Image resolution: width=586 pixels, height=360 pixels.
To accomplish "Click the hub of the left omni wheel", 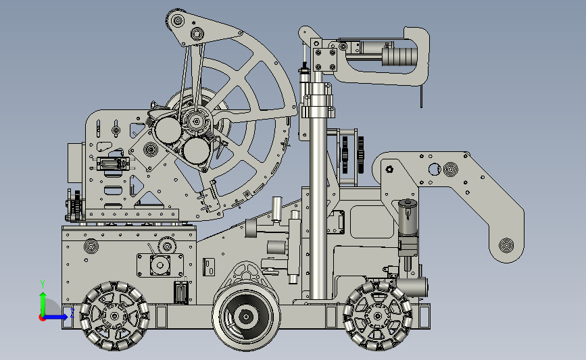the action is click(x=115, y=316).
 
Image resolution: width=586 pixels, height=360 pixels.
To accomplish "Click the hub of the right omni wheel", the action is click(x=377, y=317).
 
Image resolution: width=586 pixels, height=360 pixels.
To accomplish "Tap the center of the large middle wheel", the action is click(x=246, y=317).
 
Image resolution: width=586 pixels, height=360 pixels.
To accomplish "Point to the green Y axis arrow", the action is click(x=43, y=305).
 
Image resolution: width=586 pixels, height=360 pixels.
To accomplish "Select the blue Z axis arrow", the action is click(x=55, y=317).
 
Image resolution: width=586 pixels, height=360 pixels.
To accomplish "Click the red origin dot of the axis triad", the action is click(x=42, y=318).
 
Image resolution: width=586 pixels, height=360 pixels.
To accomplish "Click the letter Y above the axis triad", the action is click(x=43, y=284).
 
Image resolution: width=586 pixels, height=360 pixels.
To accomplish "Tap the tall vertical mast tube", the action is click(x=317, y=186).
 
